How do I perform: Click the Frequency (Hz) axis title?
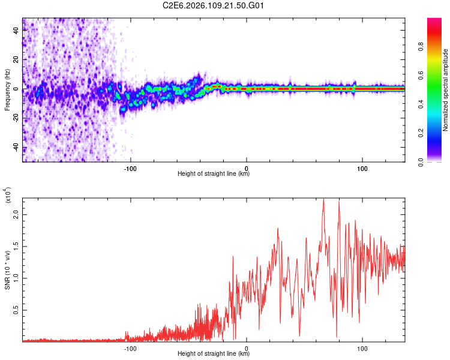(x=7, y=90)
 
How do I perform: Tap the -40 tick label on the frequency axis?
(x=15, y=148)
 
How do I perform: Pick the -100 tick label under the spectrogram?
(x=130, y=168)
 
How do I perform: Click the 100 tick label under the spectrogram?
(x=362, y=168)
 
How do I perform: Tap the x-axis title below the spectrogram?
(x=214, y=174)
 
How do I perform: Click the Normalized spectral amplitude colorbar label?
(x=446, y=90)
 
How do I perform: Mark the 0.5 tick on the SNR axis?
(x=16, y=310)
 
